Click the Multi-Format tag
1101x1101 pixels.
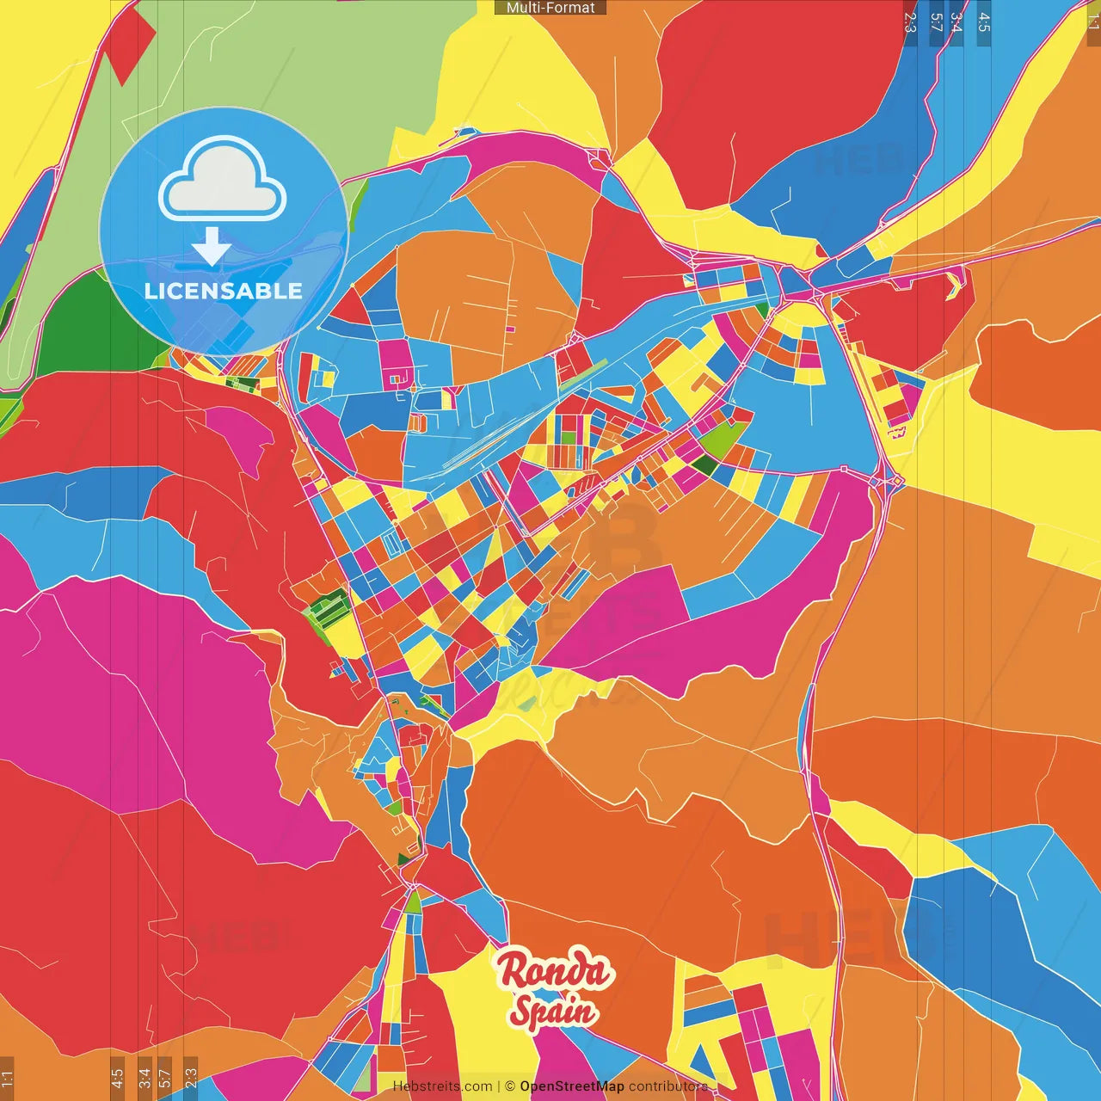(x=550, y=8)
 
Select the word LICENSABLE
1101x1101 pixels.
(x=224, y=291)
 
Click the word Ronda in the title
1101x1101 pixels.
(x=556, y=969)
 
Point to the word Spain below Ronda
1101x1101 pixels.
(x=553, y=1010)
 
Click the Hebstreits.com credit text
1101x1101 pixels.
(x=443, y=1086)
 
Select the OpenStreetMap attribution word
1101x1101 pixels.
(x=572, y=1086)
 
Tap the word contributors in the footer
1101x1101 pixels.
(x=668, y=1086)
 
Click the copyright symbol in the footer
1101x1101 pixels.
(x=509, y=1086)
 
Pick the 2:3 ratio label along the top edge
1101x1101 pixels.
(x=910, y=22)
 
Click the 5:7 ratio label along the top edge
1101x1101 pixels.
(x=937, y=22)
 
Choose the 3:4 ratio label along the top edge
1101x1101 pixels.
(x=956, y=22)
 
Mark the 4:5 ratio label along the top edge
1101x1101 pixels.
(x=984, y=22)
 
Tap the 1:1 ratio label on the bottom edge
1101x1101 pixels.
(x=8, y=1079)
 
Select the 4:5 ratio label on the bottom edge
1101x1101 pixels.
(x=117, y=1079)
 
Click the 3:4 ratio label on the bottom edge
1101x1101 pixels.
(x=145, y=1079)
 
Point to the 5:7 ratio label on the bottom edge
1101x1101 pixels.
(x=165, y=1079)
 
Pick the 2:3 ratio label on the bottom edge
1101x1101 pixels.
(x=191, y=1079)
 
